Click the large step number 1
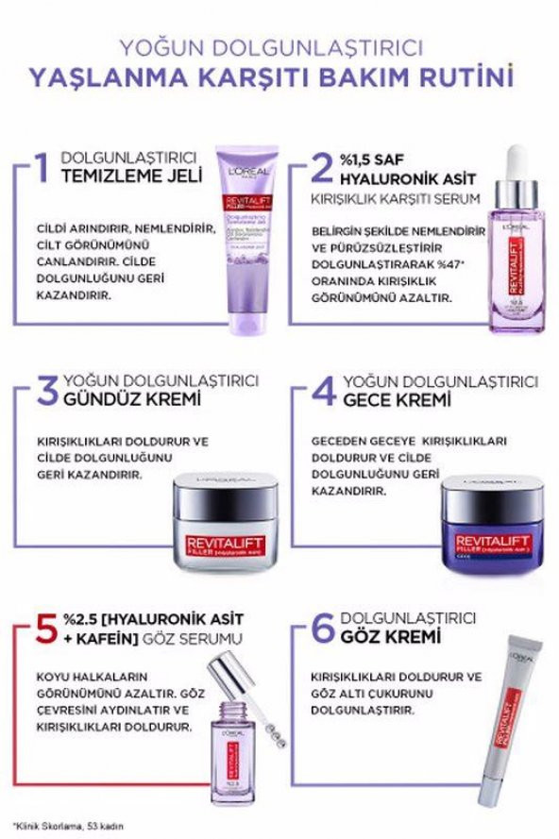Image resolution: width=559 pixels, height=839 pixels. coord(39,166)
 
